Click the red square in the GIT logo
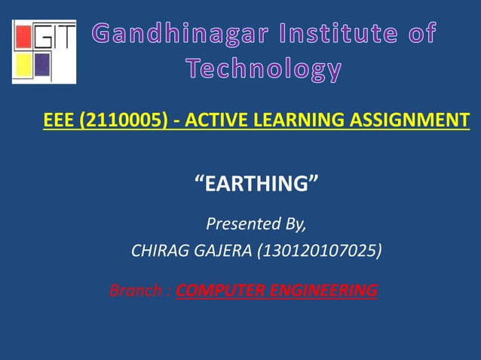[x=22, y=37]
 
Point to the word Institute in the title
[x=340, y=33]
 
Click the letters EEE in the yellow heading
[x=59, y=120]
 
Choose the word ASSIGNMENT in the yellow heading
[x=406, y=120]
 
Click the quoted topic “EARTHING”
[x=256, y=182]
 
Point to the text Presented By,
[x=256, y=224]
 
